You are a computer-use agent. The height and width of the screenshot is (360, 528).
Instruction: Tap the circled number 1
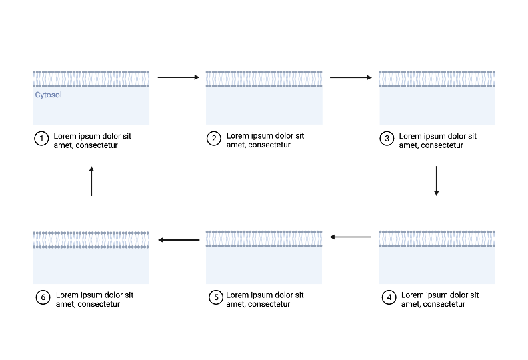click(x=41, y=139)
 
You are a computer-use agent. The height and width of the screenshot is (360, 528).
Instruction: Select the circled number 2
click(x=214, y=139)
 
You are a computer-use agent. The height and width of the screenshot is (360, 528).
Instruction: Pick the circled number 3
click(x=387, y=139)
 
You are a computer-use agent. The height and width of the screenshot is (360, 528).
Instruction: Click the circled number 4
click(x=389, y=297)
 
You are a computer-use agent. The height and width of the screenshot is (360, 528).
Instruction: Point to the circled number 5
click(x=215, y=297)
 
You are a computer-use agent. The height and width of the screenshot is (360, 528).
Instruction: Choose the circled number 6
click(x=43, y=297)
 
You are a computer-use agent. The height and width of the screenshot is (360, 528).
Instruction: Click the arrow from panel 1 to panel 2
click(x=178, y=78)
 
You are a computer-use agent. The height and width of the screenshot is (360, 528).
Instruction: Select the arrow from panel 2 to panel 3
click(x=351, y=78)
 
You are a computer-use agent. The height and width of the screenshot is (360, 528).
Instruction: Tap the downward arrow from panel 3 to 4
click(x=437, y=181)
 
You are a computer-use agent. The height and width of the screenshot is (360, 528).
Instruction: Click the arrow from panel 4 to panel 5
click(x=351, y=237)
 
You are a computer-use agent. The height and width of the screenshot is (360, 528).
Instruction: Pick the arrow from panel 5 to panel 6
click(x=178, y=239)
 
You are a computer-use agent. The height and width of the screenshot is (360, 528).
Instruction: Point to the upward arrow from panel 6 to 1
click(x=91, y=181)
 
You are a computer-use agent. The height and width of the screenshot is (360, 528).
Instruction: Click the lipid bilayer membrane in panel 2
click(x=264, y=79)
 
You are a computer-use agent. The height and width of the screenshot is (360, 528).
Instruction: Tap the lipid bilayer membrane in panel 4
click(x=437, y=239)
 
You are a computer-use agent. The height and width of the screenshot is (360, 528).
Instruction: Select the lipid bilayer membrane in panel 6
click(x=91, y=239)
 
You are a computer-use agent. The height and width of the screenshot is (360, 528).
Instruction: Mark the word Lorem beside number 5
click(x=238, y=295)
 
